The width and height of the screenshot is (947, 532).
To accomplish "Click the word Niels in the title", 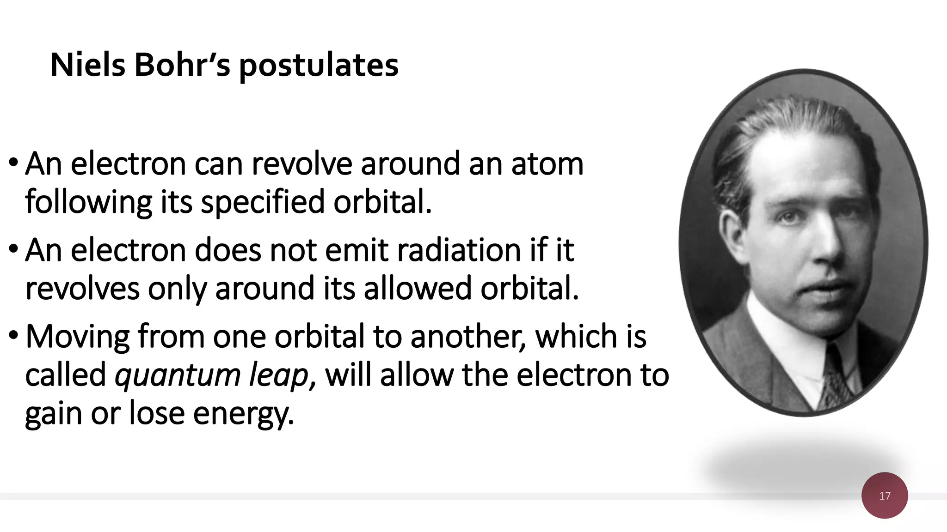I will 87,65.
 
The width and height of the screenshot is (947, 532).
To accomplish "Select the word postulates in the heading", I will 319,66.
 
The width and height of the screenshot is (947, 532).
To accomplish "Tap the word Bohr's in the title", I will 182,65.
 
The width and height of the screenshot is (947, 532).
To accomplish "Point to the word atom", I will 547,164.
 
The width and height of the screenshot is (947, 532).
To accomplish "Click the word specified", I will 263,202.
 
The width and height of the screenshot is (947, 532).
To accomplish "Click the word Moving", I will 77,337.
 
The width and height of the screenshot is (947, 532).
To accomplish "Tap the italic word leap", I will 279,375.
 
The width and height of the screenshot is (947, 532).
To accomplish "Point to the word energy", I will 243,413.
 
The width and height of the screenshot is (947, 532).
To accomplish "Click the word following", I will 88,202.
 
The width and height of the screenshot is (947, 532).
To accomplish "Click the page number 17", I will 885,496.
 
